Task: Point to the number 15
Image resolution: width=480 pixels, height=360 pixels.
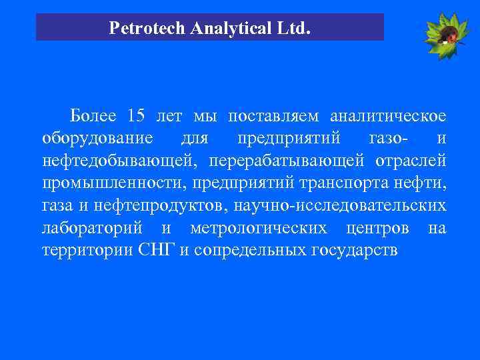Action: [x=135, y=115]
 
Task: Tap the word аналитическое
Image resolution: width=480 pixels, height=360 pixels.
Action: [x=388, y=115]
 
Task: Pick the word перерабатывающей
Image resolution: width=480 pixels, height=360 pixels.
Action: [x=287, y=161]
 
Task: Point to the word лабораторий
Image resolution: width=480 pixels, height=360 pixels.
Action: [x=93, y=229]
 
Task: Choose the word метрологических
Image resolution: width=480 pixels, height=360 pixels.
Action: [x=259, y=229]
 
